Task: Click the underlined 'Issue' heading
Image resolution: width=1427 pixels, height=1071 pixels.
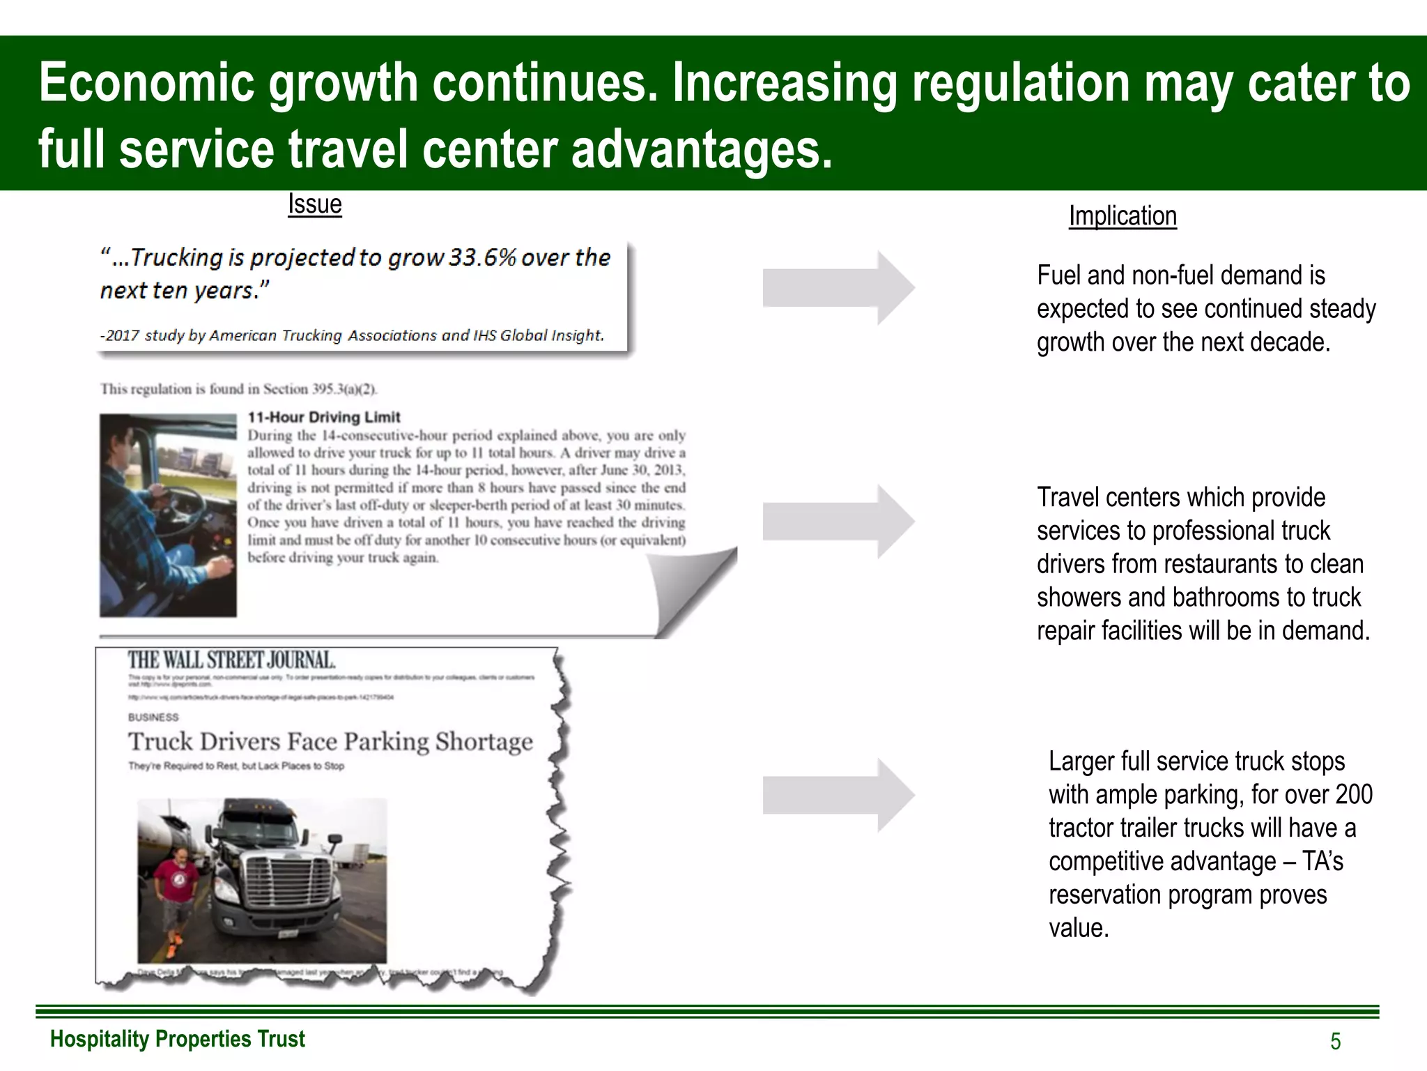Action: (x=315, y=204)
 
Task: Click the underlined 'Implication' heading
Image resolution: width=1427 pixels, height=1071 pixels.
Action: (x=1123, y=216)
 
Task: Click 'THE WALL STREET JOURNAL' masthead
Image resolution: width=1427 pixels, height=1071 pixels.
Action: (x=231, y=660)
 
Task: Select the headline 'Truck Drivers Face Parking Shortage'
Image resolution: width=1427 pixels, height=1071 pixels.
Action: (x=330, y=741)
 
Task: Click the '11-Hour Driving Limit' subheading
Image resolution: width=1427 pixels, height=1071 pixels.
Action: (x=324, y=417)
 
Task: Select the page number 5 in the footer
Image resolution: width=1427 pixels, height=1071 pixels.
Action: (x=1335, y=1041)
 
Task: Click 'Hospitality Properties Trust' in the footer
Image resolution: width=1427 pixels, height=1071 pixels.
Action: (x=178, y=1039)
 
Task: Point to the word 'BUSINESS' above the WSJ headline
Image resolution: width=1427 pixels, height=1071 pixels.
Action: (x=153, y=717)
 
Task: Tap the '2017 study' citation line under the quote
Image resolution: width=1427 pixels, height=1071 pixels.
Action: (x=352, y=335)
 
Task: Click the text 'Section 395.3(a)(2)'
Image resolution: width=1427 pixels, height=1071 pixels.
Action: (x=320, y=389)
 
